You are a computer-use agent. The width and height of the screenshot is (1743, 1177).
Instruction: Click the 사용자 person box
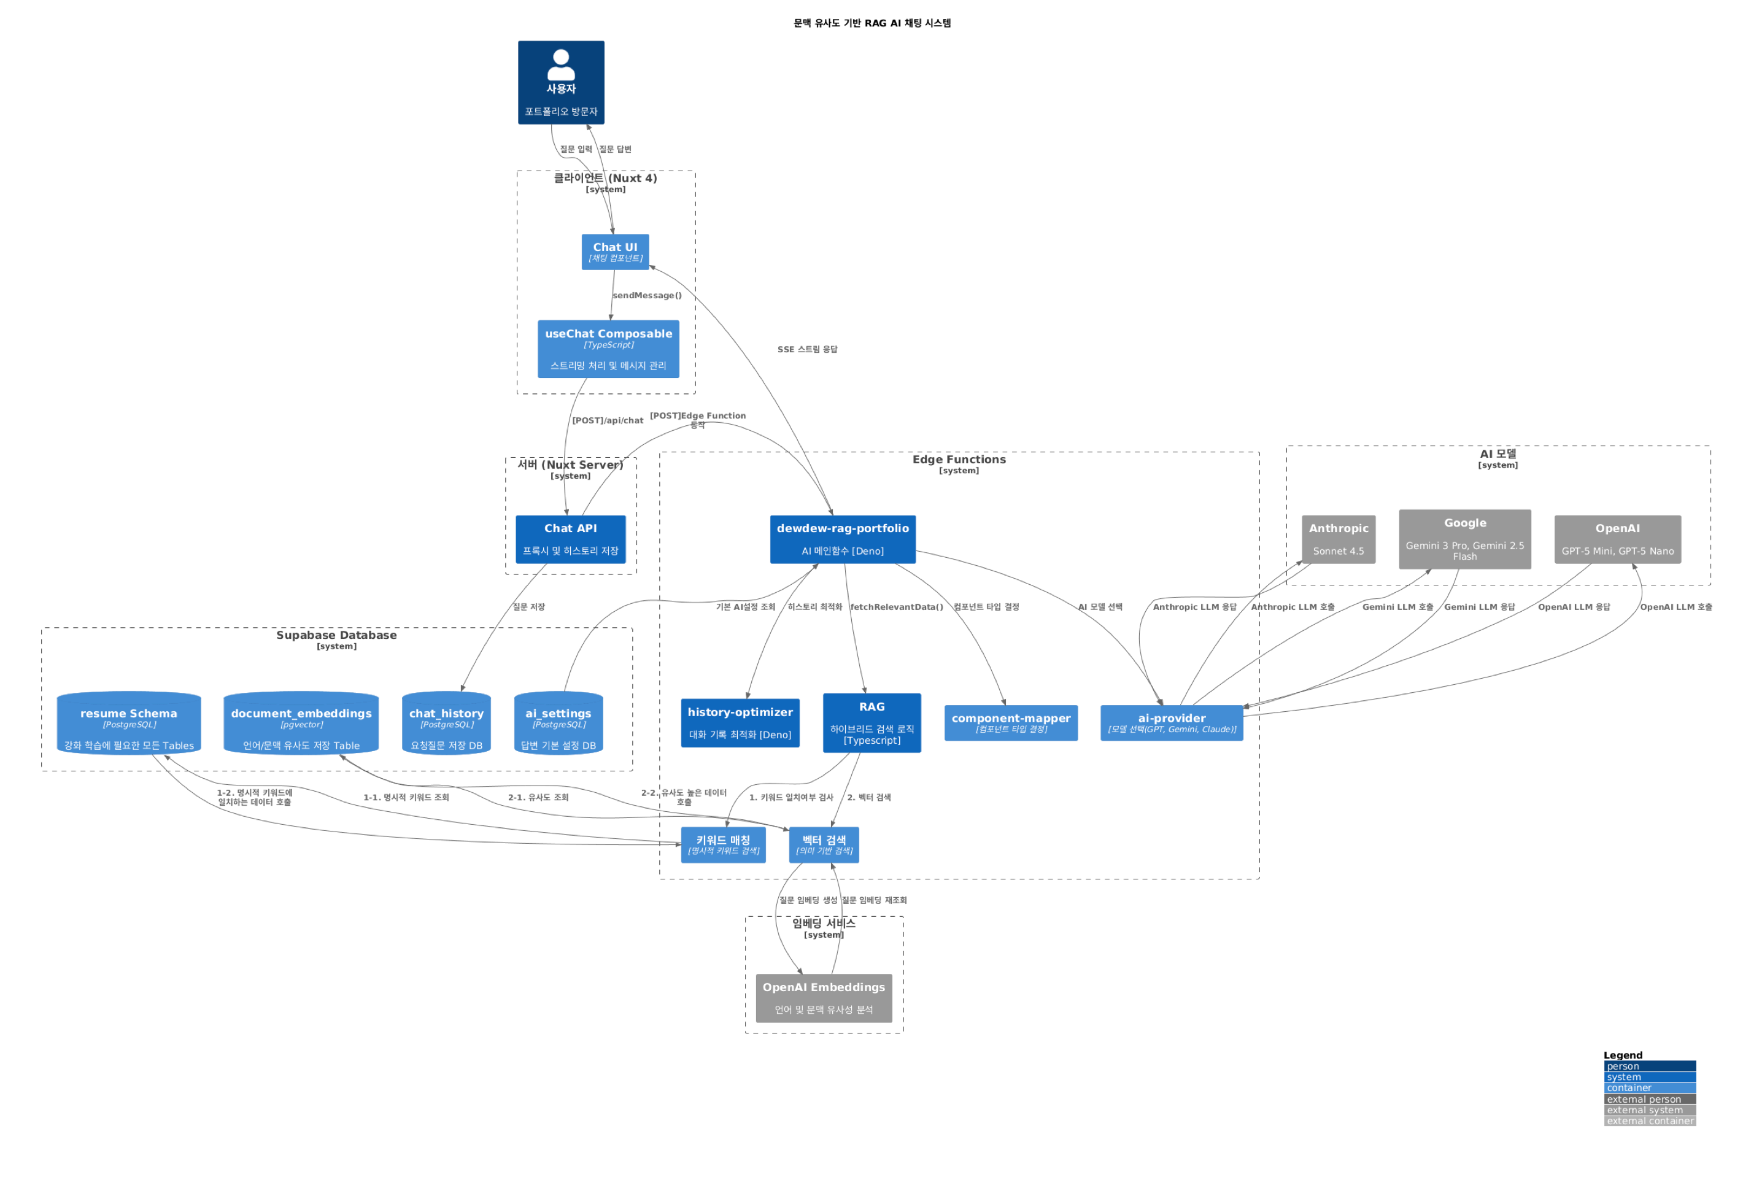[x=561, y=82]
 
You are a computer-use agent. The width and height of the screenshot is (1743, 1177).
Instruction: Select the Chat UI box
[x=615, y=252]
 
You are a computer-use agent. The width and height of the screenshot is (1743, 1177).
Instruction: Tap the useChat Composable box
[x=608, y=349]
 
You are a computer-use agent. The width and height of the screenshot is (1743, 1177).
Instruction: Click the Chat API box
[x=570, y=539]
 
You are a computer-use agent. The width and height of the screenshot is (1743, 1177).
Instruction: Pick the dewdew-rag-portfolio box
[x=842, y=539]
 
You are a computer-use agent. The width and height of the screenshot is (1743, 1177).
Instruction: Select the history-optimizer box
[x=740, y=723]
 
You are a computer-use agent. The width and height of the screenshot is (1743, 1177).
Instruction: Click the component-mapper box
[x=1010, y=723]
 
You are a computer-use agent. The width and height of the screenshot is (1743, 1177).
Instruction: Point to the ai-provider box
[x=1172, y=723]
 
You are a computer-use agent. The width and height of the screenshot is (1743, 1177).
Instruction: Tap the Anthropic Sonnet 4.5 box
[x=1338, y=539]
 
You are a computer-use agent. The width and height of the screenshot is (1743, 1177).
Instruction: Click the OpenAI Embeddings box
[x=824, y=998]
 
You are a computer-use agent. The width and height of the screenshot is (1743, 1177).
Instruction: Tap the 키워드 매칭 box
[x=723, y=844]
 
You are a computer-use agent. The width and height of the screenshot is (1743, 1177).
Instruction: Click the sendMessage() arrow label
[x=646, y=295]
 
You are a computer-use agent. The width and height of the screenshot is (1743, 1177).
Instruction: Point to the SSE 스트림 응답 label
[x=807, y=349]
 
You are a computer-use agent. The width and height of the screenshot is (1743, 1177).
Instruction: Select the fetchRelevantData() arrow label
[x=896, y=608]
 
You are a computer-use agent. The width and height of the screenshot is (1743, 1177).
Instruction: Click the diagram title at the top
[x=871, y=23]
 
